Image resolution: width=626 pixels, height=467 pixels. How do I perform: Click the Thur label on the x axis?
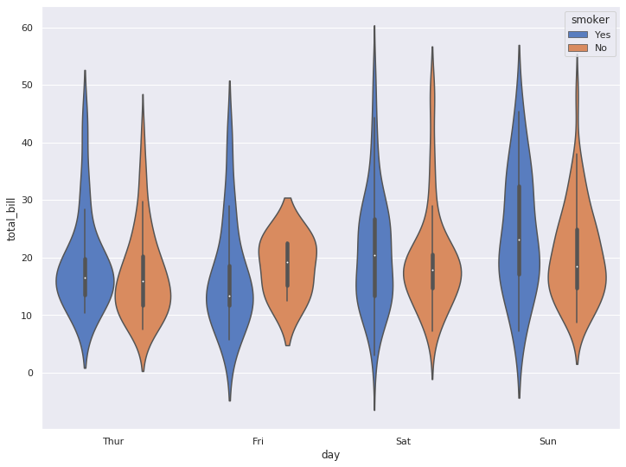pos(113,441)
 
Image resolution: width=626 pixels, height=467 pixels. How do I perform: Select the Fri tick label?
pos(259,441)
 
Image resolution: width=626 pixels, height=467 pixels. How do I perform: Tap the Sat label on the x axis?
pos(403,441)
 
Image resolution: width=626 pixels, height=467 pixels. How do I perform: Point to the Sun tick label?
pos(548,441)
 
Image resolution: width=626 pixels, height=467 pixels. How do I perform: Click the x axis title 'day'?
pos(330,455)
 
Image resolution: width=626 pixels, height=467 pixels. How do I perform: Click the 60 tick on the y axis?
pos(28,28)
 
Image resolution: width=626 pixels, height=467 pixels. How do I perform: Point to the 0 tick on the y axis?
pos(30,374)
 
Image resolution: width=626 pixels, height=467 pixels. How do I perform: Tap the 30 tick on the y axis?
pos(28,201)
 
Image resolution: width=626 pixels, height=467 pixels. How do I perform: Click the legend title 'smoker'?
pos(590,20)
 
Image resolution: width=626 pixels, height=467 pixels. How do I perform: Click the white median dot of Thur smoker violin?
pos(85,278)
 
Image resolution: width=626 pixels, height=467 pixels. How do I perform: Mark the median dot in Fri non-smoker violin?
pos(287,263)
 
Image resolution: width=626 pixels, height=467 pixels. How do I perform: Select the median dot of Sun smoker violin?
pos(519,240)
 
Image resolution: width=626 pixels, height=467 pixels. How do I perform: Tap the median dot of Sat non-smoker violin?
pos(432,271)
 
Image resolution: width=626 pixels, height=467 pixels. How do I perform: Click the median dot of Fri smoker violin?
pos(229,296)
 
